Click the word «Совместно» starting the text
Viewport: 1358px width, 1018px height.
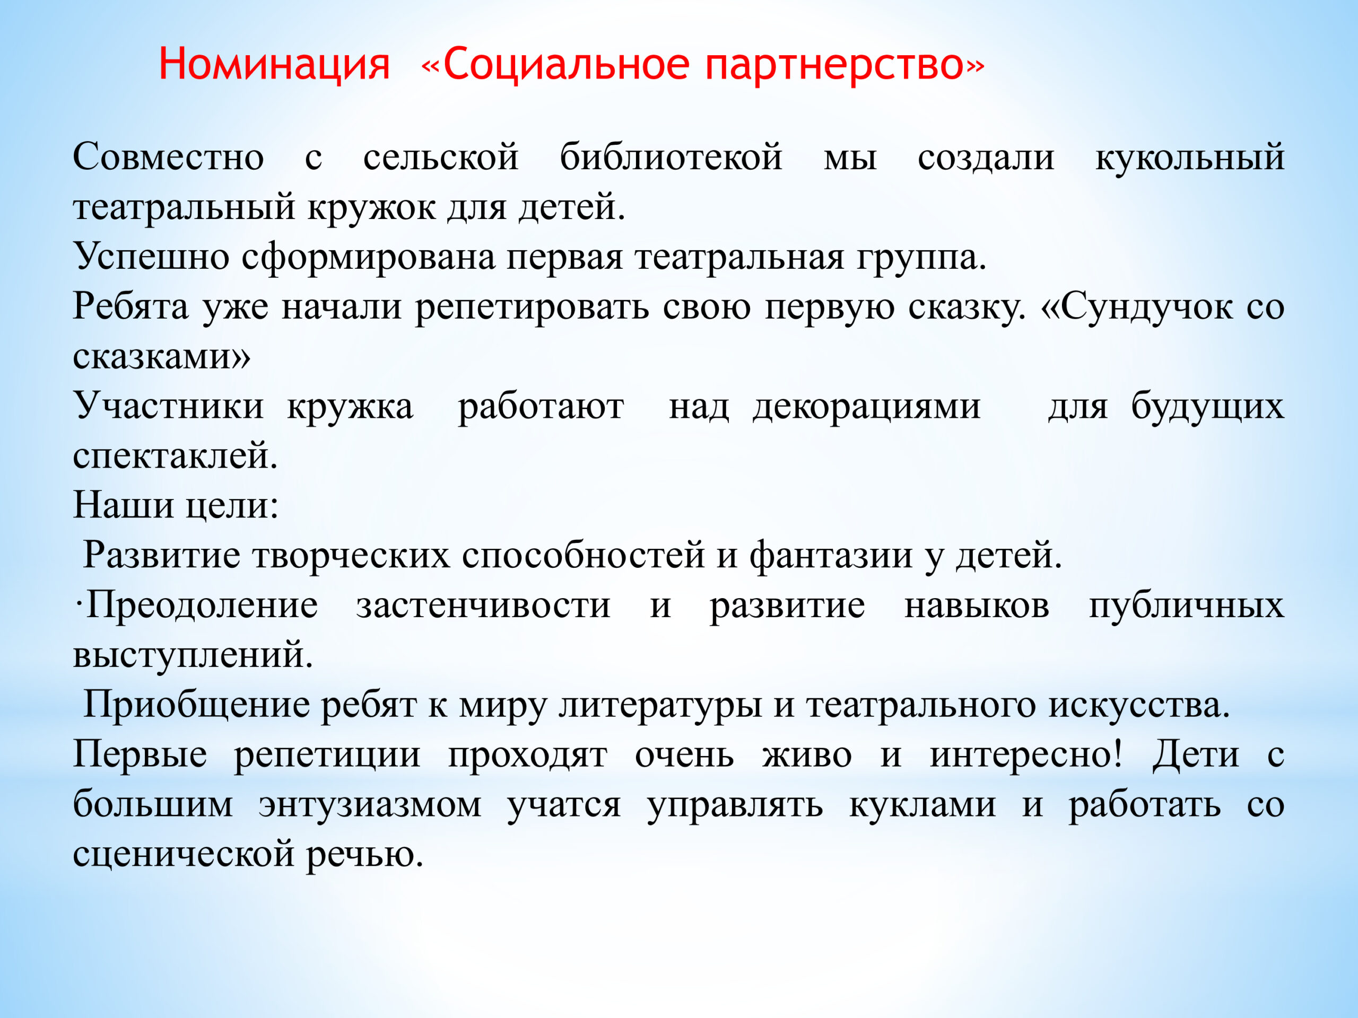point(168,156)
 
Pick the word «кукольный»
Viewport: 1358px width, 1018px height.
point(1190,156)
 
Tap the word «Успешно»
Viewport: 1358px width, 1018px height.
point(151,257)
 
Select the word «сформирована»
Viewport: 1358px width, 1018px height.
point(368,257)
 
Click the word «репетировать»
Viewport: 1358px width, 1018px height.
point(532,307)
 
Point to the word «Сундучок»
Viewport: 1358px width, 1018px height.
point(1146,306)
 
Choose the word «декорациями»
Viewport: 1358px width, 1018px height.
point(866,407)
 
